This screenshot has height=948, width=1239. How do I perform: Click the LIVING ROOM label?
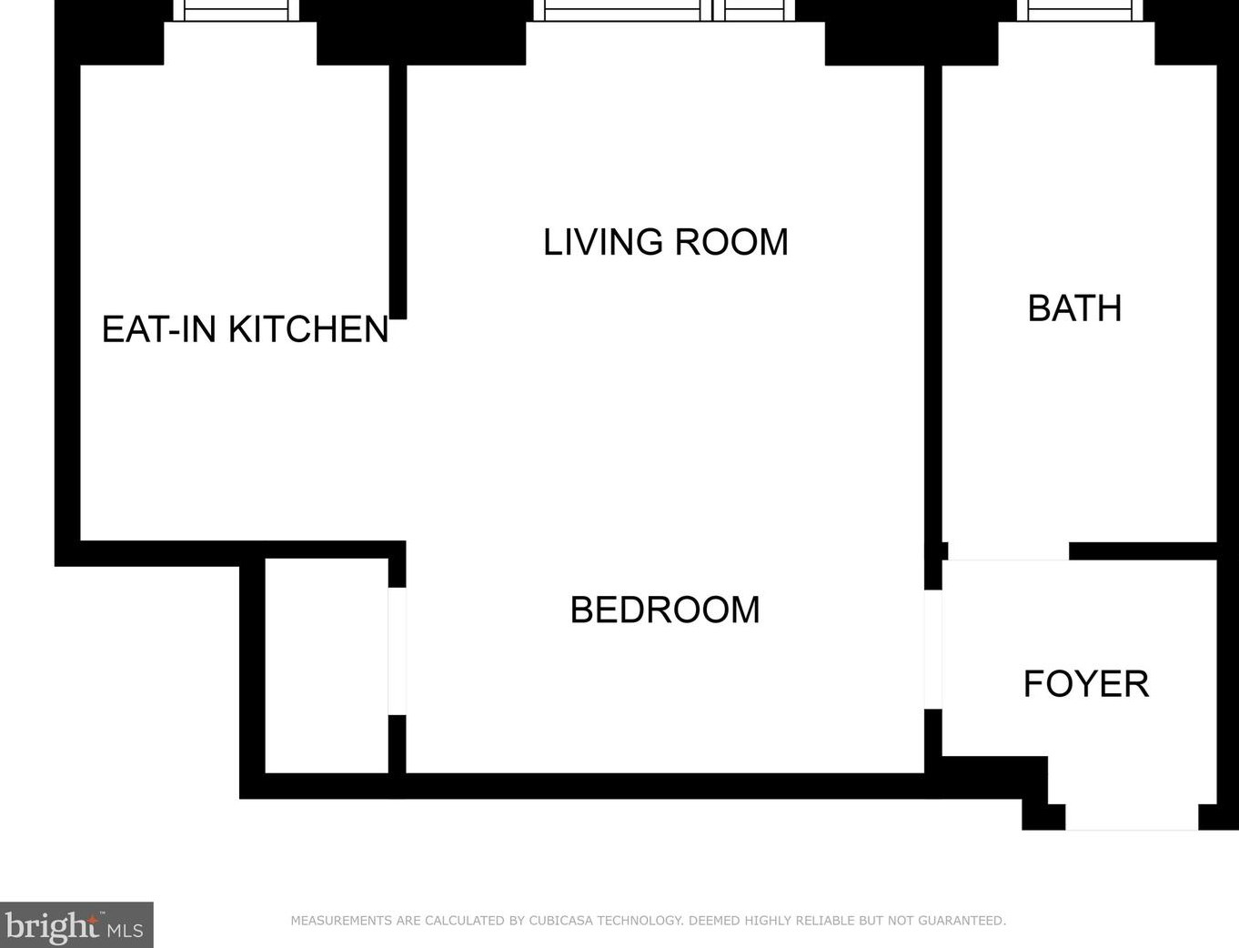coord(666,242)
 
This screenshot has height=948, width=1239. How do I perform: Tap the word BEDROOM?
coord(665,610)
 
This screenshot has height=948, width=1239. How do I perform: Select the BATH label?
coord(1074,308)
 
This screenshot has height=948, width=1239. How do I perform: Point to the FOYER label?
coord(1086,684)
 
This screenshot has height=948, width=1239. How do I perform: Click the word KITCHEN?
coord(308,329)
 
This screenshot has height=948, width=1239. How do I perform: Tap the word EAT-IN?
coord(159,329)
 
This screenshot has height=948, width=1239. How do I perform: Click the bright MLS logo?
coord(76,924)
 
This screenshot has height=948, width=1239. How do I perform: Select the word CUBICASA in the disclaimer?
coord(560,921)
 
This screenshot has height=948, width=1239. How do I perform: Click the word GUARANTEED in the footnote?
coord(962,921)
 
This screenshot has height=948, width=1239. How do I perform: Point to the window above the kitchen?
coord(236,11)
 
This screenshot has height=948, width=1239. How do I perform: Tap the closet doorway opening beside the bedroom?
coord(397,651)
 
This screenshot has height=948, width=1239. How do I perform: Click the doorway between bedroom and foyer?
coord(932,649)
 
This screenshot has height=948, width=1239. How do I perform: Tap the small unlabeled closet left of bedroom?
coord(327,666)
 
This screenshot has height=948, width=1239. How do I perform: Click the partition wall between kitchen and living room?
coord(398,192)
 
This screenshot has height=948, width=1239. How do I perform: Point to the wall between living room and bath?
coord(933,328)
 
